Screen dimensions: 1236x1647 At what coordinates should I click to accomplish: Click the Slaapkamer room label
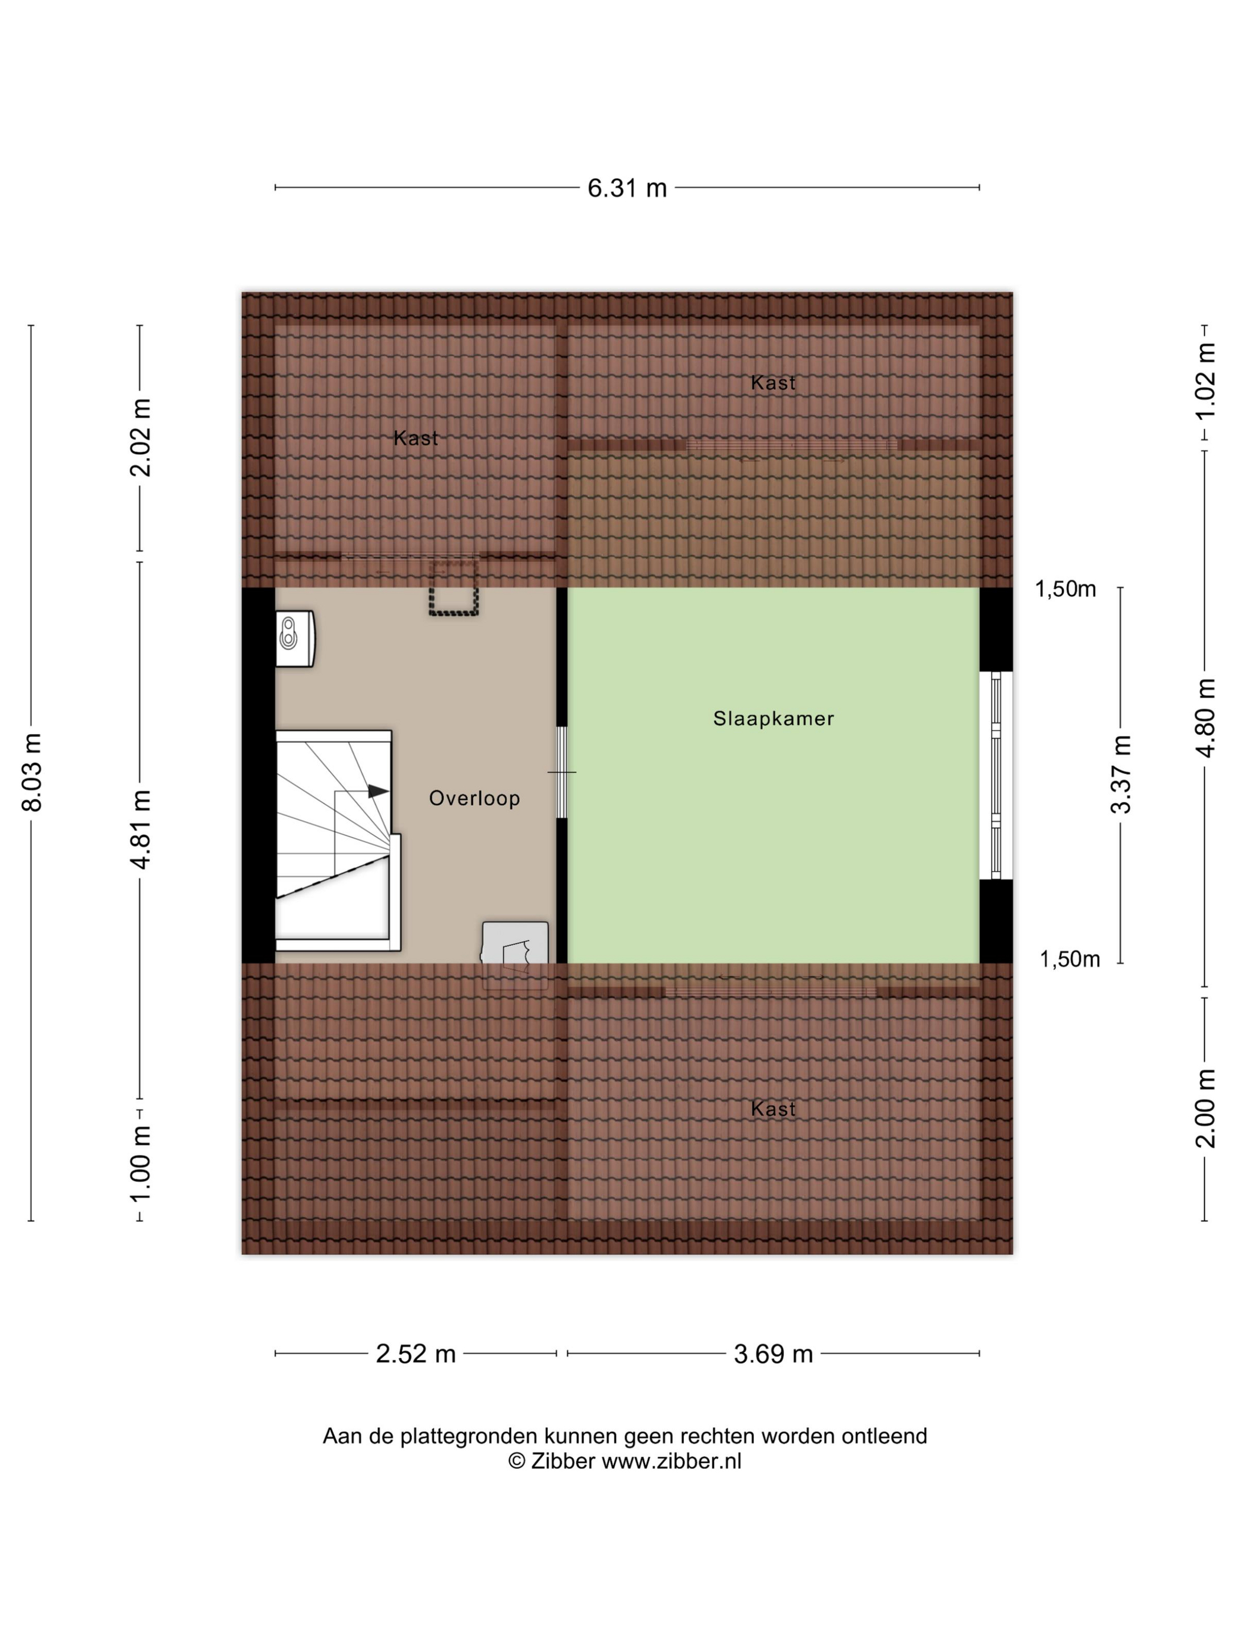(x=773, y=719)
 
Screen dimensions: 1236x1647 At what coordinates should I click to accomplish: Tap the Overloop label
(x=474, y=798)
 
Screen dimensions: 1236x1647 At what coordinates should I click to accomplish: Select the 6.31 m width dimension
(x=627, y=188)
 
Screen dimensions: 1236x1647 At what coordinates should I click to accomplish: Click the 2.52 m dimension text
(x=415, y=1353)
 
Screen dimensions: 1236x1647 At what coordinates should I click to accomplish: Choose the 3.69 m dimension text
(x=773, y=1353)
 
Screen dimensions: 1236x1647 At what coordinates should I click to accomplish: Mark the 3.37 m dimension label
(x=1121, y=774)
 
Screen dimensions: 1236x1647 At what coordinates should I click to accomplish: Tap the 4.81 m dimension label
(x=140, y=829)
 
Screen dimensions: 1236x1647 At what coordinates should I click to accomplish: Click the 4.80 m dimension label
(x=1205, y=718)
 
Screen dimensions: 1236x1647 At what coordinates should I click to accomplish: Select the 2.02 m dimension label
(x=140, y=437)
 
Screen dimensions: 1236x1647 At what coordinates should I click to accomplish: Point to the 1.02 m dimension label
(x=1205, y=382)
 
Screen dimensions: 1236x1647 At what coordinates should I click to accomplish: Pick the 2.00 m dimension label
(x=1205, y=1108)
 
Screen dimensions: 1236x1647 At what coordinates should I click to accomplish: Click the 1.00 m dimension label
(x=140, y=1163)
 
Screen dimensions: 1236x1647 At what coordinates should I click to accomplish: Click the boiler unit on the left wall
(x=294, y=638)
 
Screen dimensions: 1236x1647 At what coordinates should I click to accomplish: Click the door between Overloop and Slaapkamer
(x=561, y=772)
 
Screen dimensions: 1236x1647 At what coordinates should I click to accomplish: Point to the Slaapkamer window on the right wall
(x=996, y=775)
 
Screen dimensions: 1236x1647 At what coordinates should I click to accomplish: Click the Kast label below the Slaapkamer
(x=773, y=1109)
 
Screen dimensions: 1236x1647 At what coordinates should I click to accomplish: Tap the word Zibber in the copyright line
(x=563, y=1461)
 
